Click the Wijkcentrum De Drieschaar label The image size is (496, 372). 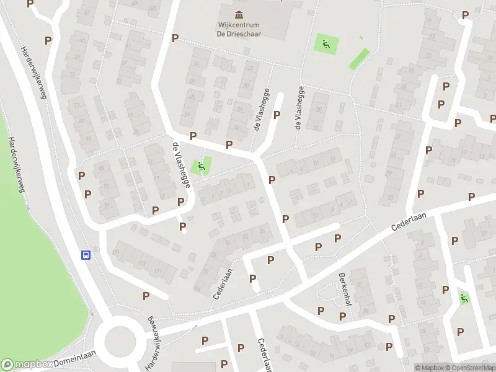(x=238, y=30)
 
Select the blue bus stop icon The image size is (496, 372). (x=86, y=254)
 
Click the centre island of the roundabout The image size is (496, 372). (x=120, y=339)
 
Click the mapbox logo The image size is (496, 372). (x=26, y=365)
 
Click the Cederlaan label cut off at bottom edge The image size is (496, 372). (x=263, y=356)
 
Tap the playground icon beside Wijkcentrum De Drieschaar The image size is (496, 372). (x=325, y=44)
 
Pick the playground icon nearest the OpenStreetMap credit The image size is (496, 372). (x=464, y=298)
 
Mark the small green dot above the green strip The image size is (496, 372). (x=362, y=37)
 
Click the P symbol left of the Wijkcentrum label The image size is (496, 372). (x=175, y=38)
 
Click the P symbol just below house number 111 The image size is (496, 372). (x=146, y=296)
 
